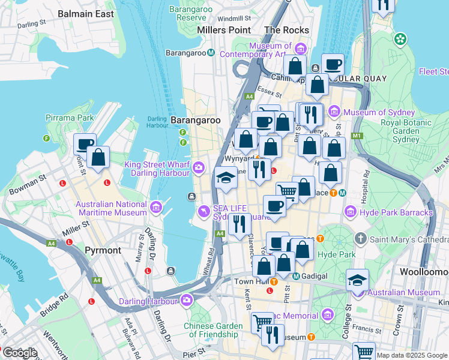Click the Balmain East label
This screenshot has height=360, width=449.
click(86, 13)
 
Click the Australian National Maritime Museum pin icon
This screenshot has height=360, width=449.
click(156, 208)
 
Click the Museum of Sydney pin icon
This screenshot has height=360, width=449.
click(334, 112)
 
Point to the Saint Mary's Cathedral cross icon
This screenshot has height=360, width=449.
click(360, 239)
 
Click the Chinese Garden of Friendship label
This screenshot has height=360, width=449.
click(213, 331)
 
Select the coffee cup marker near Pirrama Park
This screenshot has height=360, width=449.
click(85, 144)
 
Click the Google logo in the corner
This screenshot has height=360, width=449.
click(19, 353)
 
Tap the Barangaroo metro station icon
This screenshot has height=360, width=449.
click(211, 53)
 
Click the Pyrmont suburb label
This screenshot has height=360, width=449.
click(103, 250)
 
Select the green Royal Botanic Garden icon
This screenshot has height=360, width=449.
click(400, 40)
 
